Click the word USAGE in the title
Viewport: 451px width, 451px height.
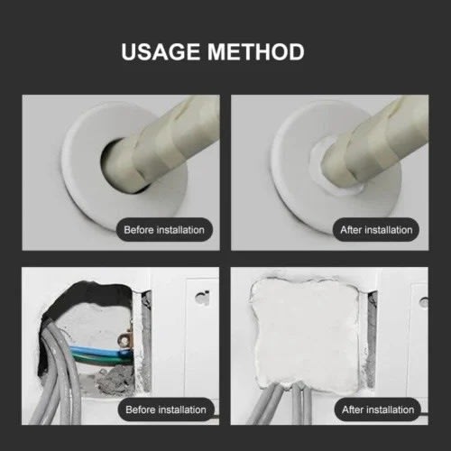tap(161, 51)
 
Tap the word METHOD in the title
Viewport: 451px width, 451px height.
tap(256, 51)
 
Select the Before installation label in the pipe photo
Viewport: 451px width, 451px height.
tap(164, 230)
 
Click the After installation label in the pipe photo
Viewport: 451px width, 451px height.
tap(376, 230)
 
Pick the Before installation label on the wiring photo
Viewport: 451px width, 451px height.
tap(166, 410)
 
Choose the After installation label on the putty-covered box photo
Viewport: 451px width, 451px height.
tap(378, 410)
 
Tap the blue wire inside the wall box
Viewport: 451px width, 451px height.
tap(97, 350)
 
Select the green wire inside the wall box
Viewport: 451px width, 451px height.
tap(99, 358)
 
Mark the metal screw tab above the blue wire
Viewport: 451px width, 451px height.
tap(124, 340)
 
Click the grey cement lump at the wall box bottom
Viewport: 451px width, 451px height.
tap(115, 381)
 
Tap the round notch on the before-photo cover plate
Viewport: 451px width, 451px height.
tap(202, 298)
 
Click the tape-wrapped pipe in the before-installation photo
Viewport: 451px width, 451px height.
tap(169, 142)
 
